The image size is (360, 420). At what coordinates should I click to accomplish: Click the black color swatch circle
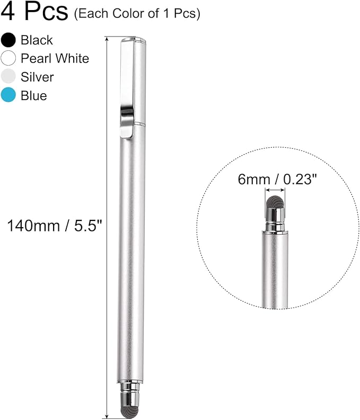[x=8, y=40]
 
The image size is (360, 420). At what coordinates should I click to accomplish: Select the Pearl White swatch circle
[x=8, y=58]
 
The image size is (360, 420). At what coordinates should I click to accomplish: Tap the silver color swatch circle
[x=8, y=77]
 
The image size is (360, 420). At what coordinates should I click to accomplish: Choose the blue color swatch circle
[x=8, y=95]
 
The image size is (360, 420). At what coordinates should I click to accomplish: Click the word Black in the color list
[x=37, y=40]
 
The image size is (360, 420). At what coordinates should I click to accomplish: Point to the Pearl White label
[x=55, y=58]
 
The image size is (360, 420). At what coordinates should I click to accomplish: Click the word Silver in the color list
[x=37, y=77]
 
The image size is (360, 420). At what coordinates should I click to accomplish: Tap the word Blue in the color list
[x=33, y=95]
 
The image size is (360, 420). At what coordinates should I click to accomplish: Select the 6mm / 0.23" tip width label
[x=277, y=180]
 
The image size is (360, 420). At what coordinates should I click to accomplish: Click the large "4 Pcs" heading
[x=34, y=12]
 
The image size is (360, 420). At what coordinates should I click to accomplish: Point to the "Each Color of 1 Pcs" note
[x=137, y=13]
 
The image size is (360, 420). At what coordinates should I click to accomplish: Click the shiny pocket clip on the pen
[x=126, y=121]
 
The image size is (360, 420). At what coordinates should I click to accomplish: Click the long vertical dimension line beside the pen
[x=108, y=228]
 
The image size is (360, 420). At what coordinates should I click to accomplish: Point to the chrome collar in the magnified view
[x=275, y=219]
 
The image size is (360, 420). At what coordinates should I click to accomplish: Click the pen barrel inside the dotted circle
[x=275, y=270]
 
